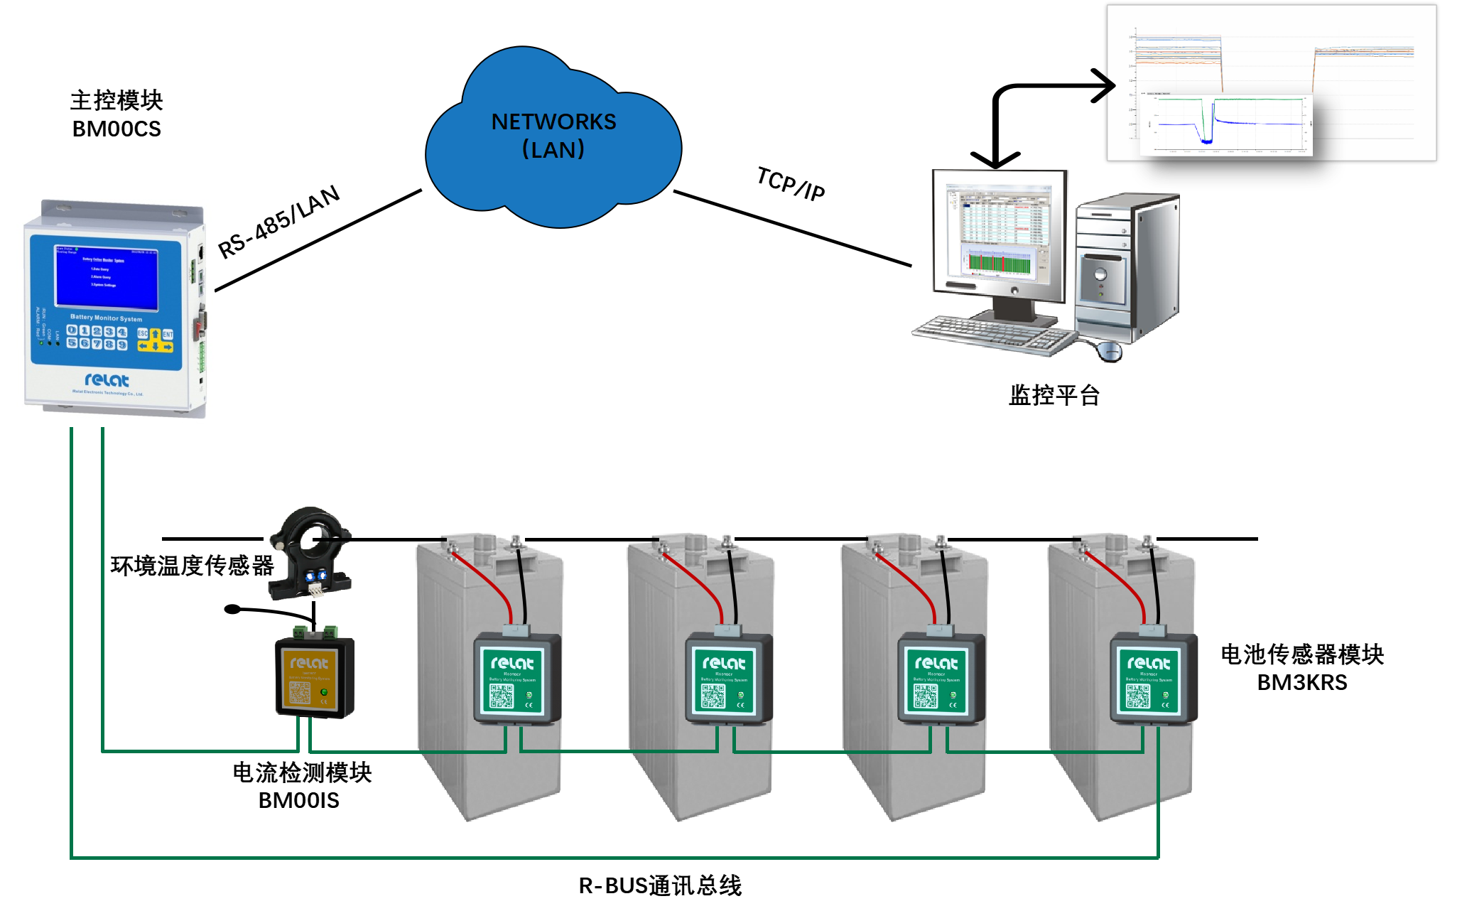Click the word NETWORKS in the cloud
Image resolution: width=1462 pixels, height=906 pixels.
click(553, 122)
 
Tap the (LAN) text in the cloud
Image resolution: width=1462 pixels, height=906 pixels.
click(553, 150)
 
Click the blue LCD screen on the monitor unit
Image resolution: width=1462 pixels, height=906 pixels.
click(107, 278)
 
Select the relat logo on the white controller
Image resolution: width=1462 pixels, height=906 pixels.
click(107, 380)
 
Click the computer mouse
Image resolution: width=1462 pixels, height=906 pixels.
click(1109, 350)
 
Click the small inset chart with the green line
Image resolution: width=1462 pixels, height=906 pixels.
click(1226, 124)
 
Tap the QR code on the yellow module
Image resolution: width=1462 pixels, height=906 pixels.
click(300, 693)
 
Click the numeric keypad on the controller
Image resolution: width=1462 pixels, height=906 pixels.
click(97, 338)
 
